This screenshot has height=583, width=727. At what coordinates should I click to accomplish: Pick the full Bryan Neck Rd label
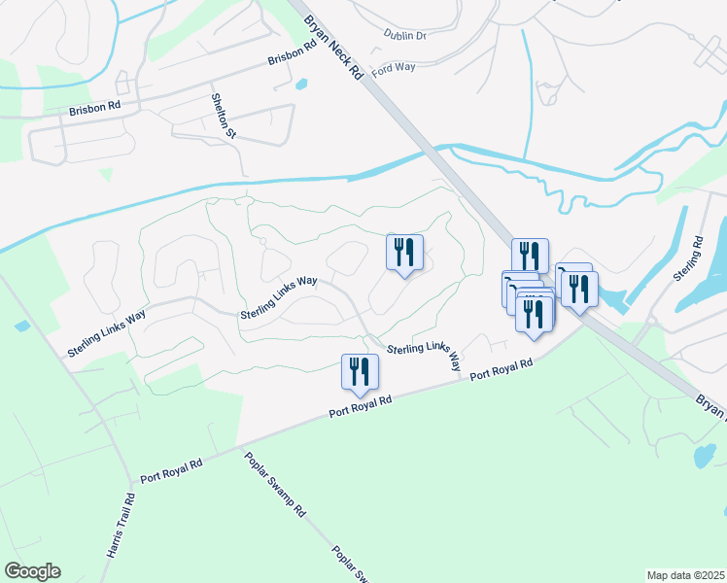pos(332,46)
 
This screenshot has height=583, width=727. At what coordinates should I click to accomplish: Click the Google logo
pos(32,571)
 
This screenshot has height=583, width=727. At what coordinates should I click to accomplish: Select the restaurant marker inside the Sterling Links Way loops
pos(403,253)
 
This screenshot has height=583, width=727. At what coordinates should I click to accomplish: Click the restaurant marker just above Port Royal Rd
pos(360,372)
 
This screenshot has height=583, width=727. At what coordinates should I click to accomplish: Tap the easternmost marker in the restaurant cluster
pos(580,290)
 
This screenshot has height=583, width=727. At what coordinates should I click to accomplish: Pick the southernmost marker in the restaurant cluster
pos(535,315)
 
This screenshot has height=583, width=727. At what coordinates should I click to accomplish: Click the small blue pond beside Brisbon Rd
pos(299,83)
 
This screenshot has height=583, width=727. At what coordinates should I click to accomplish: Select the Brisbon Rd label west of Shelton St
pos(94,111)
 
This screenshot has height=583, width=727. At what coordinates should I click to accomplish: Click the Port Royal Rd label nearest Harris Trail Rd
pos(171,471)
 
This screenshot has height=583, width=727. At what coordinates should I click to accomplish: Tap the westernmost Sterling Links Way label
pos(107,332)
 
